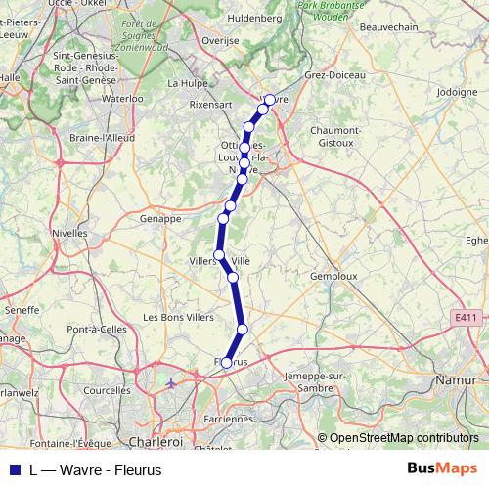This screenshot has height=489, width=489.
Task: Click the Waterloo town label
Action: (x=123, y=99)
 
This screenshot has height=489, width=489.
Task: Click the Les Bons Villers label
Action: (x=178, y=318)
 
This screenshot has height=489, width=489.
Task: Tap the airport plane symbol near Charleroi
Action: (x=172, y=382)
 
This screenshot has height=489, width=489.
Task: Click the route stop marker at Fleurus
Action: (x=227, y=363)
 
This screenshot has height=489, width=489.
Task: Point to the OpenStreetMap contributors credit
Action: (x=405, y=438)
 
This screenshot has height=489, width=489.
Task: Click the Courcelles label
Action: (x=108, y=390)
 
